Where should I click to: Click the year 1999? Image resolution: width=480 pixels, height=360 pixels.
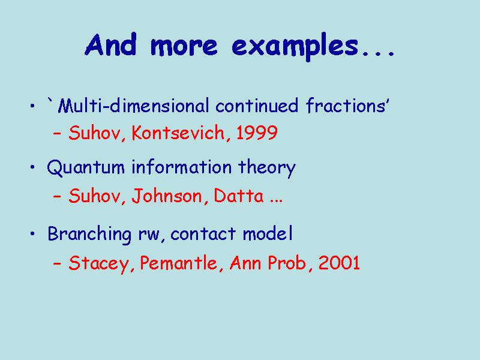point(257,133)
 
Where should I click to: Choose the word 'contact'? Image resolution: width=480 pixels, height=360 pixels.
point(204,234)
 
